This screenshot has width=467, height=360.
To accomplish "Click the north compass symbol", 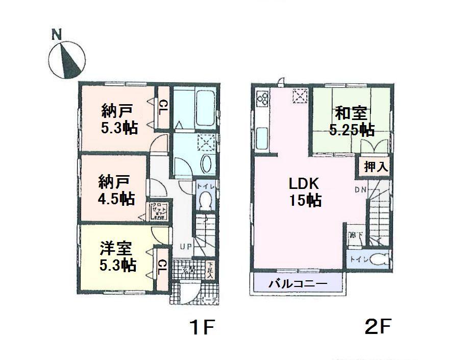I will click(x=65, y=59).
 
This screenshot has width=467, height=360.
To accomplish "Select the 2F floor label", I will click(x=377, y=326).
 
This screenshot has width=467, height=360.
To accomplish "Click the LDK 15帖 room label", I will click(x=305, y=191).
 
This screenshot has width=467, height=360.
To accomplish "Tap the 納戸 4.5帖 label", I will click(x=117, y=189).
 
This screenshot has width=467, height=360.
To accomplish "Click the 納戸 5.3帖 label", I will click(x=119, y=118).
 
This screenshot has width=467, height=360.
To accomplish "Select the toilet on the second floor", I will click(x=376, y=259).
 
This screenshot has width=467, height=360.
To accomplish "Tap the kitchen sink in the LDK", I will click(x=263, y=137).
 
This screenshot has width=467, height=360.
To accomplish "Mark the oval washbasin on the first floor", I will click(x=207, y=164).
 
